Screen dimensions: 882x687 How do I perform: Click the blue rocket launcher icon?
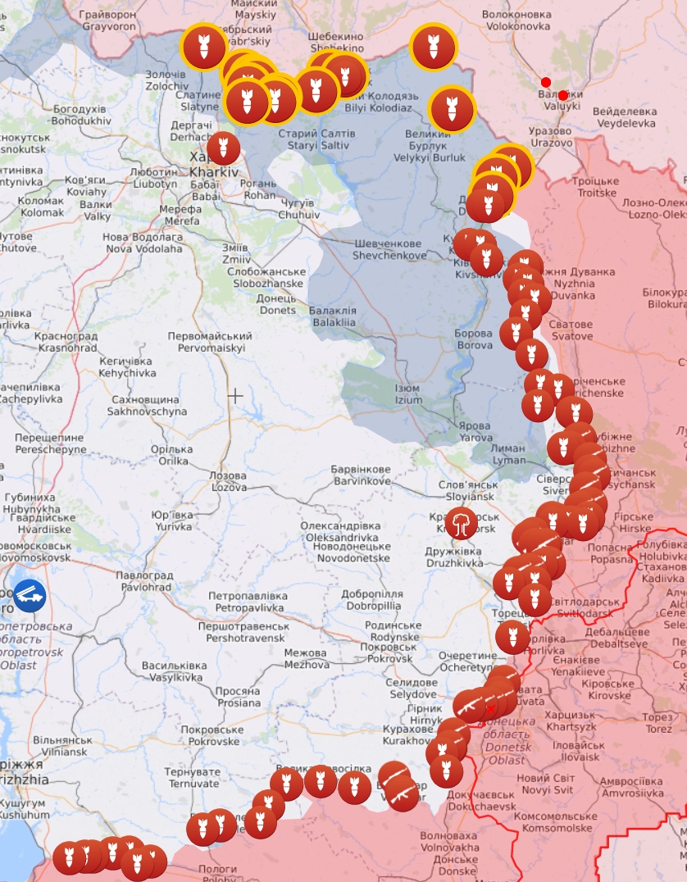pos(30,595)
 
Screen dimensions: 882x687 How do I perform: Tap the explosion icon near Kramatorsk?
pos(462,523)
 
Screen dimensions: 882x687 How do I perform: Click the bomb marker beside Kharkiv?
pos(223,148)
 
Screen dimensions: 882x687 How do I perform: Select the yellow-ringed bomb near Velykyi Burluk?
pos(451,108)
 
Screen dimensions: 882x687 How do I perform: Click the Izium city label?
pos(407,394)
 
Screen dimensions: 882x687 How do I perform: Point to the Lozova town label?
pos(227,481)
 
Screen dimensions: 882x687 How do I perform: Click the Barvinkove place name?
pos(361,475)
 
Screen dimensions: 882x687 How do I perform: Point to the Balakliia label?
pos(333,316)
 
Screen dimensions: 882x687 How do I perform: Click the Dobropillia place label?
pos(371,600)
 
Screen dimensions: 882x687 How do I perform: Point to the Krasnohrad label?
pos(66,342)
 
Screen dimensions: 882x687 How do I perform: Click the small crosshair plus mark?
pos(235,396)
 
